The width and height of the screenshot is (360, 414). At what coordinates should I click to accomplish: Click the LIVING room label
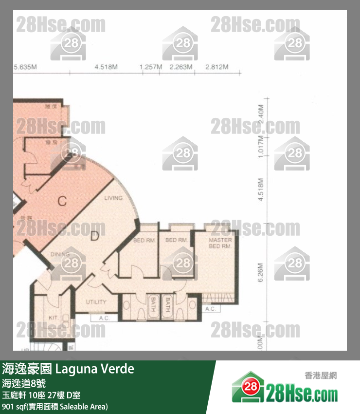113,198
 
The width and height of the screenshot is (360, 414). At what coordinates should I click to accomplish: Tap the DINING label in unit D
60,254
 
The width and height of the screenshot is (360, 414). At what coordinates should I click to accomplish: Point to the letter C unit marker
62,201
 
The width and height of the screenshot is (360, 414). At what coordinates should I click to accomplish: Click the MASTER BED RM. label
220,243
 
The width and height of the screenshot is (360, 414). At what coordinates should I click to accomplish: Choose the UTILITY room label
96,302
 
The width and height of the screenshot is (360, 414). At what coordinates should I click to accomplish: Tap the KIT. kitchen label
54,318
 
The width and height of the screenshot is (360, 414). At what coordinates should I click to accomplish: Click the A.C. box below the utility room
104,318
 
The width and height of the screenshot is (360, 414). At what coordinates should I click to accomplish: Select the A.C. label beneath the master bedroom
210,309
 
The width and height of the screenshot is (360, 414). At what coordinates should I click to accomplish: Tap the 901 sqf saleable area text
54,406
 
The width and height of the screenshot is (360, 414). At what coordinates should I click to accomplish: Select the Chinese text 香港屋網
321,376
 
